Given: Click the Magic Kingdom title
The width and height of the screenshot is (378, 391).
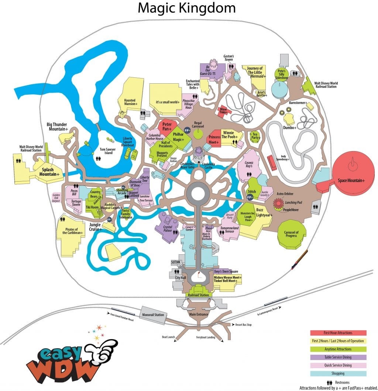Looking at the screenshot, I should click(x=186, y=8).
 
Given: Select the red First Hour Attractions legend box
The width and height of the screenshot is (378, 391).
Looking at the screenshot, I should click(x=338, y=333).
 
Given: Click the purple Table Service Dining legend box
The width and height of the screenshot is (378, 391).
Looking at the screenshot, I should click(x=338, y=357).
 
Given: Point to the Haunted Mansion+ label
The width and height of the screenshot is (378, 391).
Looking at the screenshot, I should click(x=130, y=102).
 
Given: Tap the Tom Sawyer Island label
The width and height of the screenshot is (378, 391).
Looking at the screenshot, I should click(x=103, y=151).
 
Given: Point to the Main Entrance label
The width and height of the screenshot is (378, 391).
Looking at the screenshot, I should click(x=199, y=314).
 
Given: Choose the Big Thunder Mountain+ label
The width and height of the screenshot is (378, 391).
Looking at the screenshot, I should click(x=57, y=126).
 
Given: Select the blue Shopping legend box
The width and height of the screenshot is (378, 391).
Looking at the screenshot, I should click(x=338, y=373).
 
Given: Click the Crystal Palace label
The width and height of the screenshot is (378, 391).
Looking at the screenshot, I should click(x=168, y=228).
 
